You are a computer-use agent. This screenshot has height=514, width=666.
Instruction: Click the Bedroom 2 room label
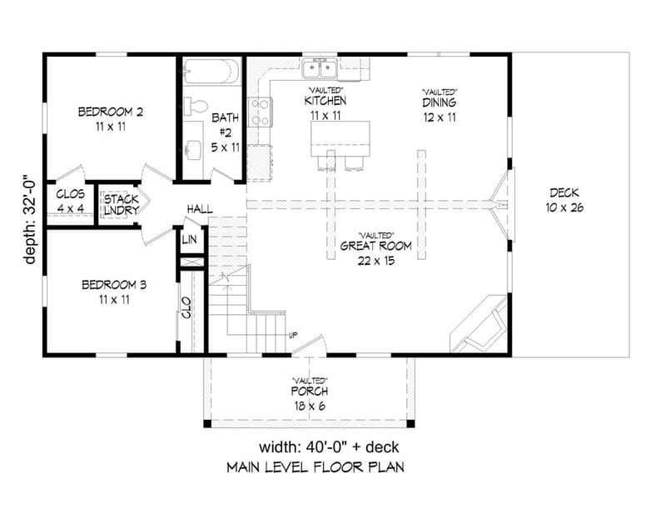pyautogui.click(x=112, y=111)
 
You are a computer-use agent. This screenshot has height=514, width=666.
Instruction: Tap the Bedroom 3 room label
pyautogui.click(x=114, y=285)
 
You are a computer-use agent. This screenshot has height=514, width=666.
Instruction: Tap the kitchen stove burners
pyautogui.click(x=260, y=111)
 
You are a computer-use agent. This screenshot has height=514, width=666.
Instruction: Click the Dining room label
pyautogui.click(x=439, y=104)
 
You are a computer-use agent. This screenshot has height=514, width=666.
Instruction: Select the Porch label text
pyautogui.click(x=309, y=391)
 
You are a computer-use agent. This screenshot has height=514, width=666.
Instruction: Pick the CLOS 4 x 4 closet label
pyautogui.click(x=70, y=200)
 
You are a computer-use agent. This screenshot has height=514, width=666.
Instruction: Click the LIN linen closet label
pyautogui.click(x=190, y=240)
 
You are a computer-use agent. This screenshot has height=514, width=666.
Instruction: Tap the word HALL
pyautogui.click(x=200, y=208)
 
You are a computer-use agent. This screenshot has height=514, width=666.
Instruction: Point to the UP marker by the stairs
pyautogui.click(x=292, y=336)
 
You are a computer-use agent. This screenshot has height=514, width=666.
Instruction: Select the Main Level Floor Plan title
pyautogui.click(x=316, y=467)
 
